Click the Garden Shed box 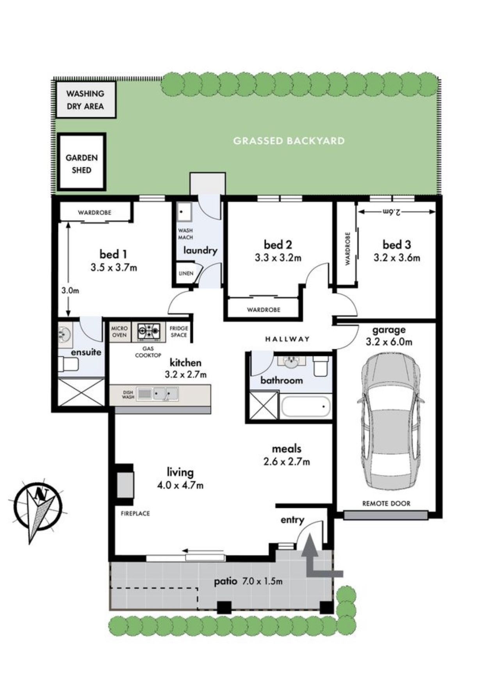pyautogui.click(x=82, y=162)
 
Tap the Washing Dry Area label pyautogui.click(x=85, y=100)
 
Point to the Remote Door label pyautogui.click(x=386, y=504)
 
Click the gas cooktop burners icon pyautogui.click(x=149, y=332)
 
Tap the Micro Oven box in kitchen pyautogui.click(x=119, y=332)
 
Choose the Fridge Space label pyautogui.click(x=179, y=332)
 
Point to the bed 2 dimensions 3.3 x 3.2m pyautogui.click(x=278, y=257)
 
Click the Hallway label pyautogui.click(x=287, y=339)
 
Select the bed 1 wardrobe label pyautogui.click(x=95, y=213)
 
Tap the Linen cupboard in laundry pyautogui.click(x=186, y=273)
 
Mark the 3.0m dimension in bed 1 pyautogui.click(x=70, y=291)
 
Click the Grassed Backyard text pyautogui.click(x=289, y=141)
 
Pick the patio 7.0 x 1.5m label pyautogui.click(x=248, y=581)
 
